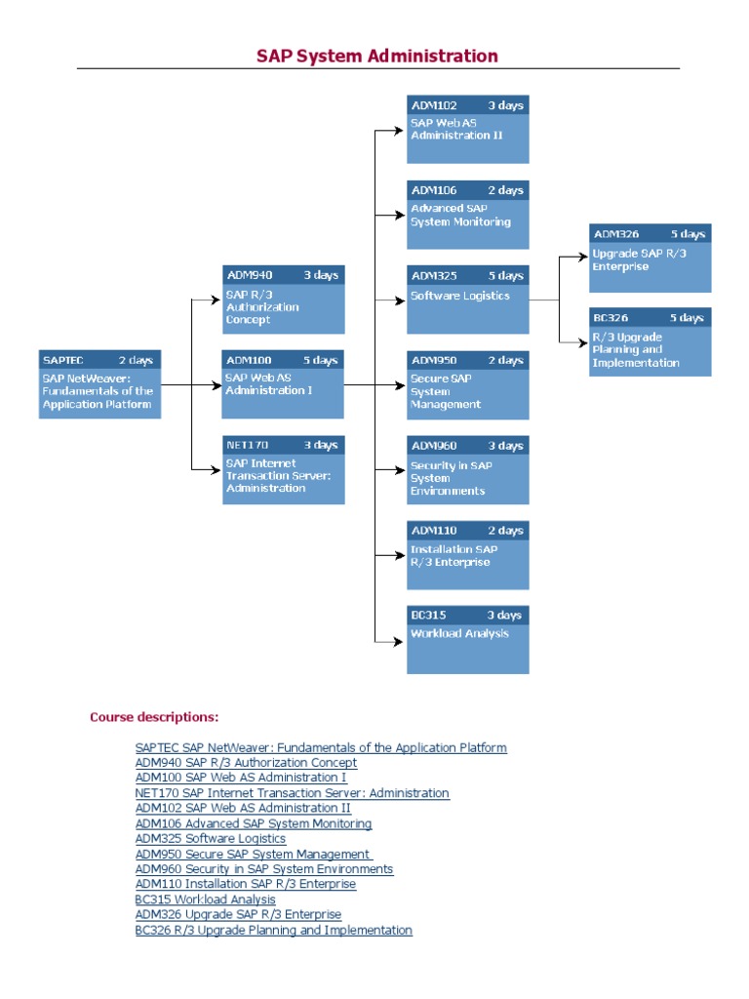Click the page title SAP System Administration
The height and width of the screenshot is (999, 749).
[x=376, y=56]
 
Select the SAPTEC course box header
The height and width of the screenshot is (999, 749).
[x=99, y=360]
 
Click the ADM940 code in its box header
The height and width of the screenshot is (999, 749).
[x=249, y=275]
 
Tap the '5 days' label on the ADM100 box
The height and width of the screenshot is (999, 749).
[x=319, y=360]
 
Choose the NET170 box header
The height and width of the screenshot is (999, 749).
[x=283, y=445]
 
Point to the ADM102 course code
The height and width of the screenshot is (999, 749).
[x=434, y=105]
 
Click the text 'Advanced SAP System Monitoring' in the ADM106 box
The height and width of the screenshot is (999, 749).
[x=460, y=215]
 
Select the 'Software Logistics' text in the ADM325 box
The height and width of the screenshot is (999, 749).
[x=459, y=296]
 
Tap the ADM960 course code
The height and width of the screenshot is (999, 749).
[x=434, y=446]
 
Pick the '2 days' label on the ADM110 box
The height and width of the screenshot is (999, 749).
[x=504, y=531]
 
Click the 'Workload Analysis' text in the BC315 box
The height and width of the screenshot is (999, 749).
[x=459, y=633]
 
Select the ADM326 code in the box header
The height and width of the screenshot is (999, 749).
[x=617, y=234]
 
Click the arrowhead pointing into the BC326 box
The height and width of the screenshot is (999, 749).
[x=584, y=341]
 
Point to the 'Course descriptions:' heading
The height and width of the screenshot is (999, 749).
[x=154, y=717]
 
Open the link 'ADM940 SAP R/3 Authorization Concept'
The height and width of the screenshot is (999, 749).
[x=246, y=763]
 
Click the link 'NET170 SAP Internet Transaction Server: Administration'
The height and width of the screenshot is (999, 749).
[x=293, y=793]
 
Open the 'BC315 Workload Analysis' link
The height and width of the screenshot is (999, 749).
[x=205, y=899]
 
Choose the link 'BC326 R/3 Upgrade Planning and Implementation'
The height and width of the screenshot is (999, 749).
[x=273, y=930]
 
